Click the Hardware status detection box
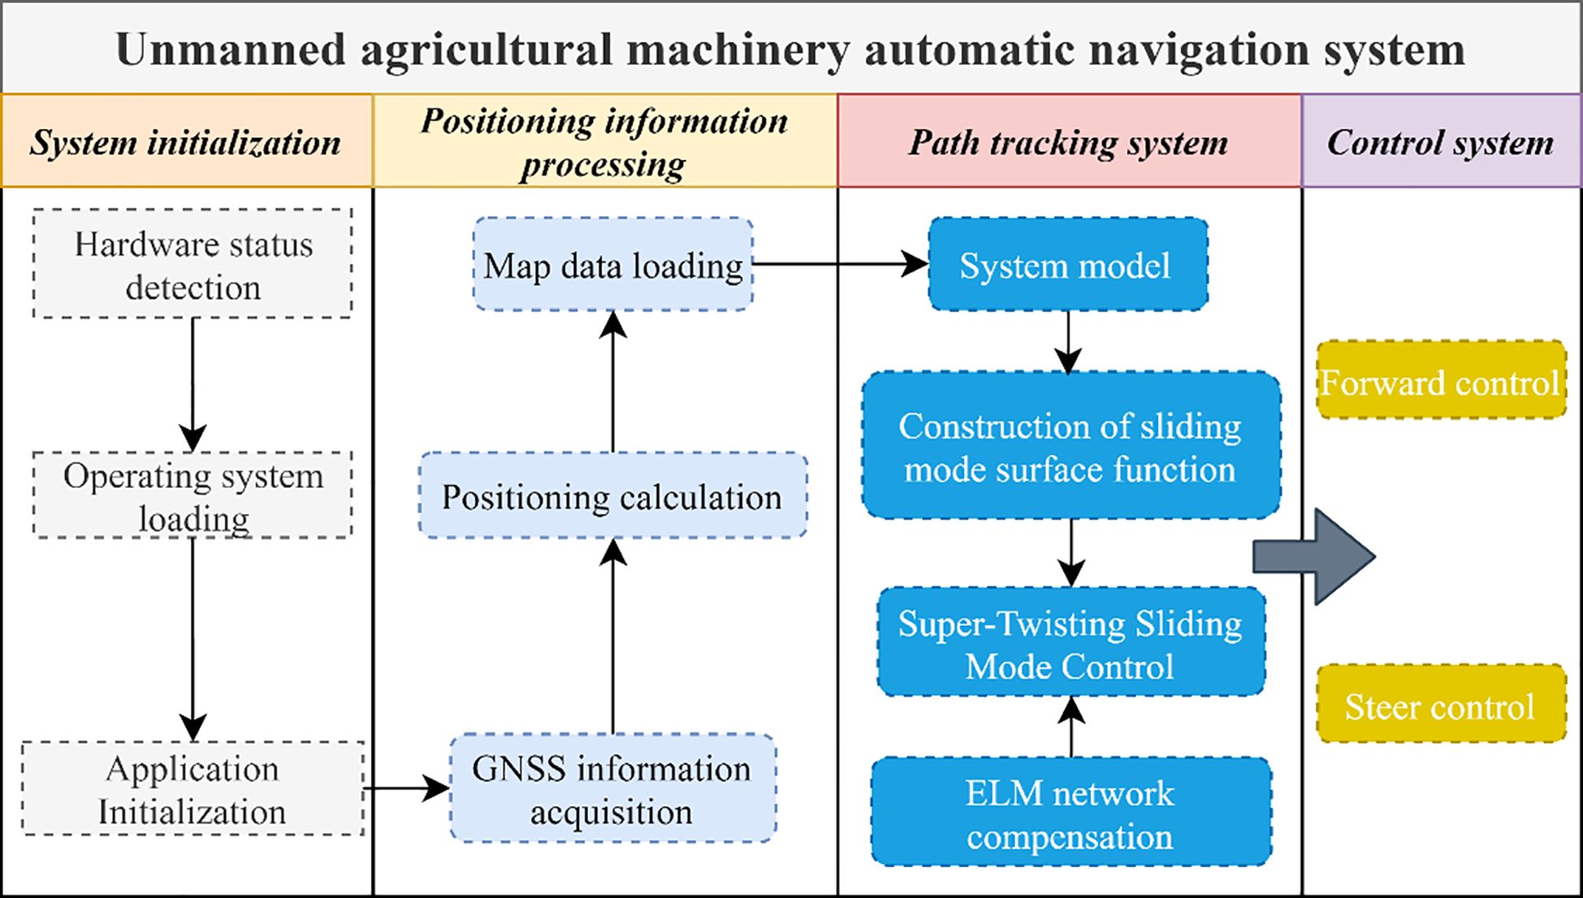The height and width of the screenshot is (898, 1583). (192, 263)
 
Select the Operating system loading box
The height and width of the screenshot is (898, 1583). (192, 494)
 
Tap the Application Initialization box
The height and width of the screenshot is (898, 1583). (192, 788)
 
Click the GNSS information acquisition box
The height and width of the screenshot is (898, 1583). (613, 788)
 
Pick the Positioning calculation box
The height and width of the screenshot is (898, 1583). (613, 495)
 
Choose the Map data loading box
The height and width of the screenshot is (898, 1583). (613, 264)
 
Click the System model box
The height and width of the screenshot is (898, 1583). (1068, 264)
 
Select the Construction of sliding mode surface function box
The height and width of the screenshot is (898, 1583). (1071, 445)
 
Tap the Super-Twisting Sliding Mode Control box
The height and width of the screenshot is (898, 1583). (1071, 641)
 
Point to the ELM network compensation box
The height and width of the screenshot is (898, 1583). (1071, 812)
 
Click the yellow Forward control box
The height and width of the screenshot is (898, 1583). (1441, 380)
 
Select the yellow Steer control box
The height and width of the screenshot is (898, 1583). (1441, 703)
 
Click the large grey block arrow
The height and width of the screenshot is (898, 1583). (1314, 557)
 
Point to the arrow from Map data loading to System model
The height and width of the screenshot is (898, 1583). (841, 264)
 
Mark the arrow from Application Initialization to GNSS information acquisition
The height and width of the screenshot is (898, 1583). (407, 788)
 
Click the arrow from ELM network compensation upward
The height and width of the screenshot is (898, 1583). (1072, 727)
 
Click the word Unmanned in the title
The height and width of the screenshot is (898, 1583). (231, 50)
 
